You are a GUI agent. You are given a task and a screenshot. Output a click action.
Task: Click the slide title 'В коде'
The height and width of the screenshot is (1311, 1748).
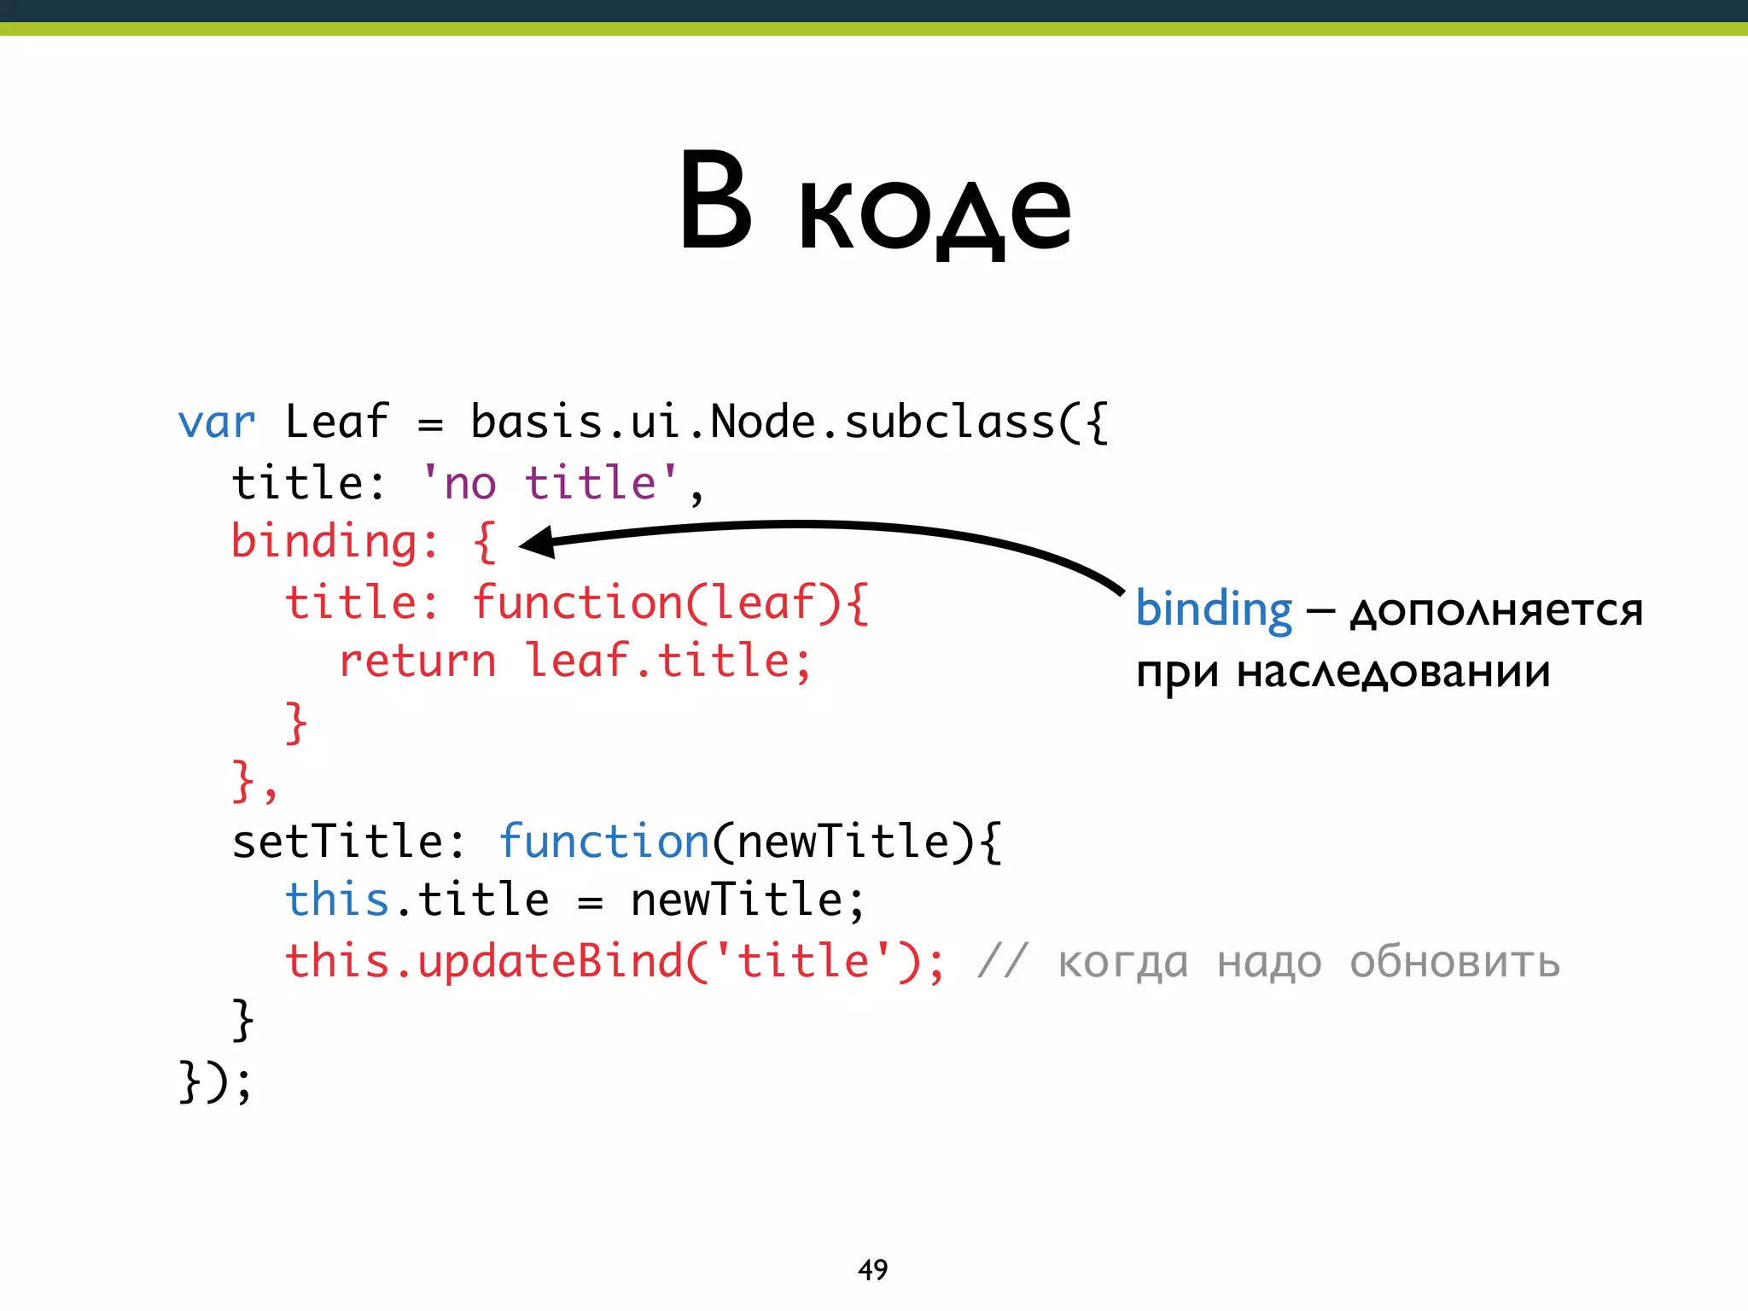(874, 205)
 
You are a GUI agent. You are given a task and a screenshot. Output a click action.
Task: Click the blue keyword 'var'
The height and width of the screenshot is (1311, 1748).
(216, 422)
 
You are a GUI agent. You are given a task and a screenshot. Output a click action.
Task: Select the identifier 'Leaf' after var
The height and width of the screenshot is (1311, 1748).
(336, 422)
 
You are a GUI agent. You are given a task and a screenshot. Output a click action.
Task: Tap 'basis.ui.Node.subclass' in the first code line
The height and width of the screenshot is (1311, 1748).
(762, 422)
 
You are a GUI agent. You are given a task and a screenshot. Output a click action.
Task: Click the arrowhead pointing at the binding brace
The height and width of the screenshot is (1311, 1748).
(538, 542)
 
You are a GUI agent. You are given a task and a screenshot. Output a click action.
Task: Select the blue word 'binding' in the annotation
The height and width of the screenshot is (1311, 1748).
(1214, 609)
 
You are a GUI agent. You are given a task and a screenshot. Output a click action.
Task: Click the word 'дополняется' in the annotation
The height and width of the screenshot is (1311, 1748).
(1496, 611)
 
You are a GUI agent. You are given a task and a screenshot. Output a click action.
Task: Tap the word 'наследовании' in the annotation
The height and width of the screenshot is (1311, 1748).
(1393, 673)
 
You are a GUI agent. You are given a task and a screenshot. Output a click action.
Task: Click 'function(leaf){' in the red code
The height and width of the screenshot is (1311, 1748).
(670, 603)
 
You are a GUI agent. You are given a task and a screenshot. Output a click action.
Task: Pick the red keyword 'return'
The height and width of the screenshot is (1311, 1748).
(417, 661)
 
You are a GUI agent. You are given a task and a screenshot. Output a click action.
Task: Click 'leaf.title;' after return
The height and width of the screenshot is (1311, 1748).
(668, 661)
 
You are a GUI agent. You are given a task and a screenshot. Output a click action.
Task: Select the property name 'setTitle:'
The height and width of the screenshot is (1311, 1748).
(348, 842)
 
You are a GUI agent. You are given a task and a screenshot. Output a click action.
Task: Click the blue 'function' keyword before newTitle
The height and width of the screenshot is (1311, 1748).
(604, 842)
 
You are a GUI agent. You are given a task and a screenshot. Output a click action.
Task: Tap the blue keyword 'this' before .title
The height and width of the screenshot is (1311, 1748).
(336, 900)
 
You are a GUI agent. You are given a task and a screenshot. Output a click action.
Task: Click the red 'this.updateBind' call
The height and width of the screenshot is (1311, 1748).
(485, 962)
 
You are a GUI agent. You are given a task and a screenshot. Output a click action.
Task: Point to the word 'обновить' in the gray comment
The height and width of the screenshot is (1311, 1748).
(1454, 962)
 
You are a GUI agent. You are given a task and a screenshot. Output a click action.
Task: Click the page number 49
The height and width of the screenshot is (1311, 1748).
(872, 1270)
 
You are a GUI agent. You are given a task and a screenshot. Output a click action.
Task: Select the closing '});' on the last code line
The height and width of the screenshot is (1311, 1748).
(215, 1082)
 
